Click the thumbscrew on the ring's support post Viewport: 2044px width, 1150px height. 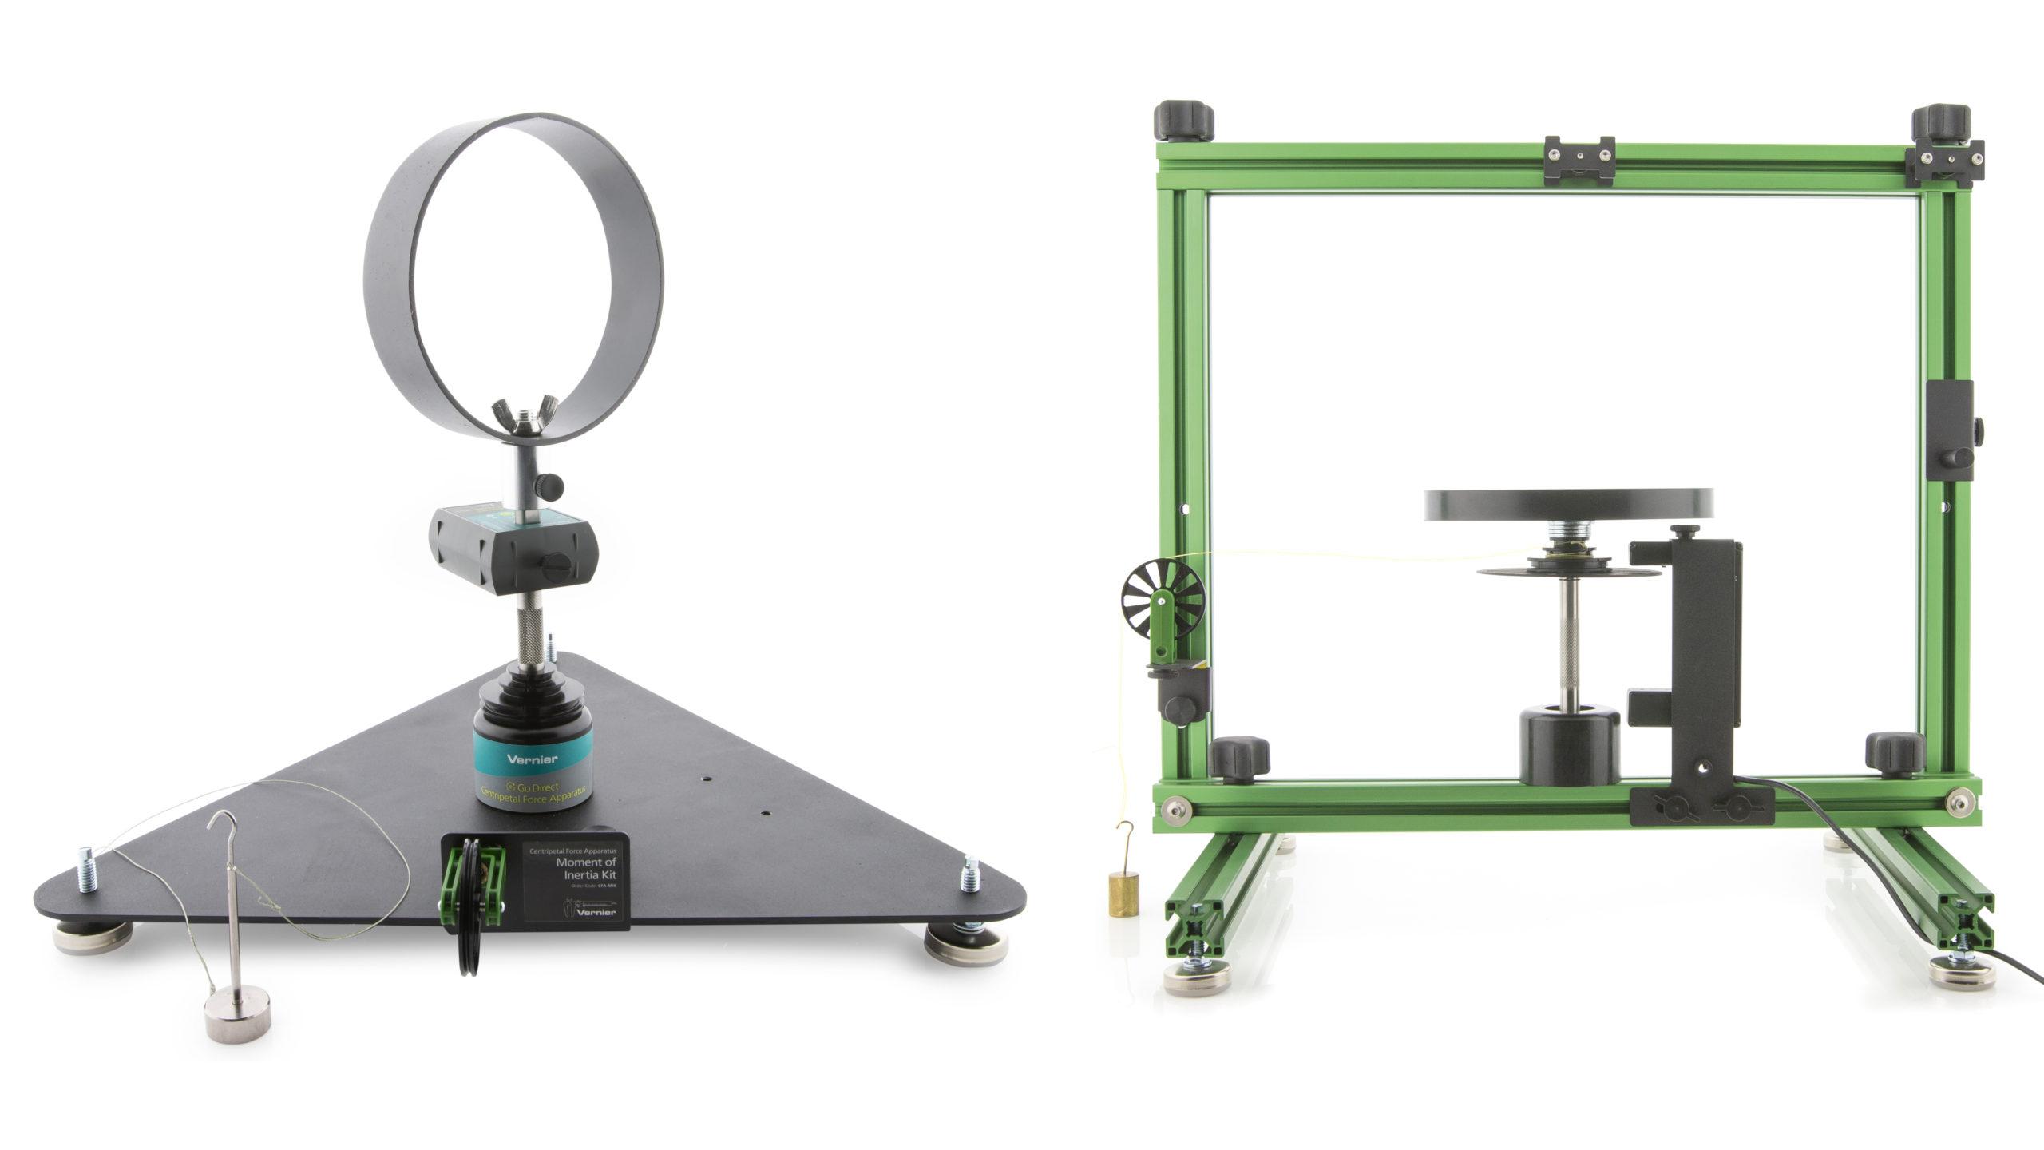coord(549,484)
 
